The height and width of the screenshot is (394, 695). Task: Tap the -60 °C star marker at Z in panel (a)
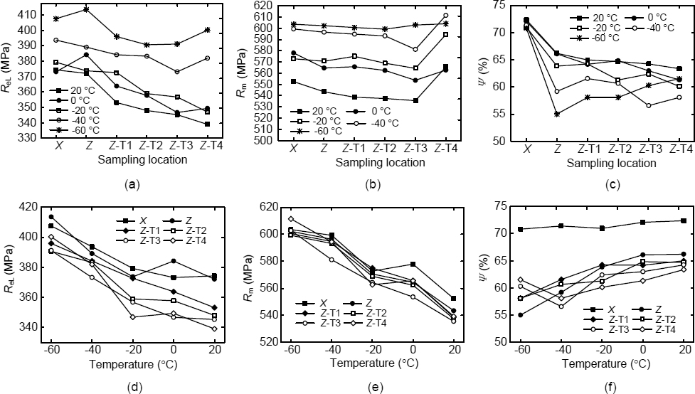pos(86,9)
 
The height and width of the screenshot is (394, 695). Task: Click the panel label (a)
pos(131,183)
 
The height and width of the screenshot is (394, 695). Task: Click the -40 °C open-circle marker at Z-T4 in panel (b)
pos(445,15)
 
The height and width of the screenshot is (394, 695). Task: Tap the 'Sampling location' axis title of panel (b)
pos(370,162)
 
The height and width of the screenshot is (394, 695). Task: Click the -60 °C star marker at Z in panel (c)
pos(557,114)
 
